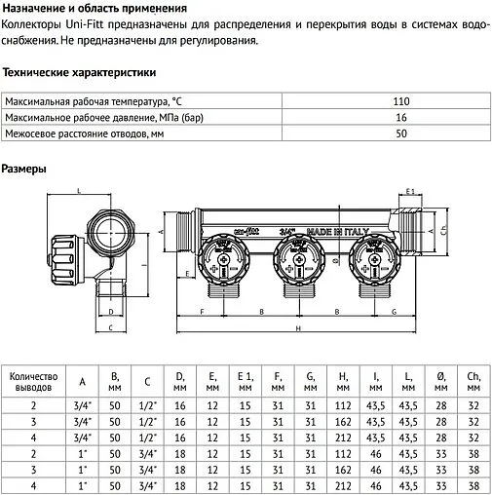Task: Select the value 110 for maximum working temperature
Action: tap(400, 101)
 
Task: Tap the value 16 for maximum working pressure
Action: tap(400, 117)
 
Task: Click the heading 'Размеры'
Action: tap(22, 168)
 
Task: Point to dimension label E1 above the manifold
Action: tap(411, 192)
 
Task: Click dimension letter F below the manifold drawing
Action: tap(201, 312)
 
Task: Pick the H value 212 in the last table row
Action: tap(343, 485)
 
